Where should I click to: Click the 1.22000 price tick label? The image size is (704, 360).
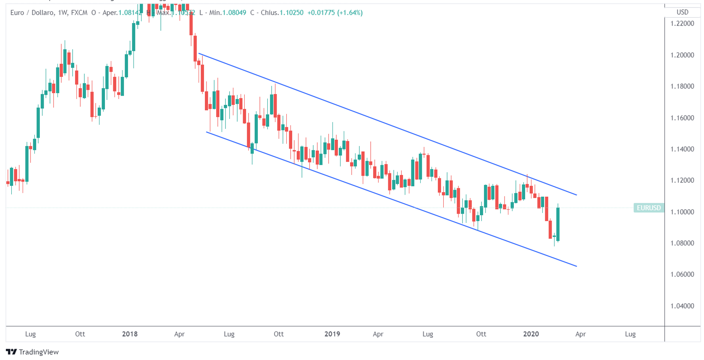682,23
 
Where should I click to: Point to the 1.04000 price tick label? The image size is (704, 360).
682,306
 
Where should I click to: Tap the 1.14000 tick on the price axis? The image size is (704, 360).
682,149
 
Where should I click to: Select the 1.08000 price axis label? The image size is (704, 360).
682,243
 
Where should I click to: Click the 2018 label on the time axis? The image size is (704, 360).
130,334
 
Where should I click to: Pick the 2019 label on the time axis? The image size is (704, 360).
332,334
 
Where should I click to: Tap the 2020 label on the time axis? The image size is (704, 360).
531,334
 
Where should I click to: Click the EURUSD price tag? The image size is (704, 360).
649,208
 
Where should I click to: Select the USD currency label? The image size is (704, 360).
682,12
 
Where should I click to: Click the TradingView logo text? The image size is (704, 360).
39,352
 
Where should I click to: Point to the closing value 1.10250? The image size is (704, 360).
291,13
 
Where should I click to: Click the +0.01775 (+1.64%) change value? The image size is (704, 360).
335,13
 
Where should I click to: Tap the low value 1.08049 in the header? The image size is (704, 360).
234,13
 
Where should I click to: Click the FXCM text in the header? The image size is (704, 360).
79,13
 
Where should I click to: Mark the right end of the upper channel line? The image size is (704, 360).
577,195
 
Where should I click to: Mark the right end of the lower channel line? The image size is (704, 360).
577,266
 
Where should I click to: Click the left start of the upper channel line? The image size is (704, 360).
199,54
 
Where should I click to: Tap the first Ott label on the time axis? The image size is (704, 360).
80,334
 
